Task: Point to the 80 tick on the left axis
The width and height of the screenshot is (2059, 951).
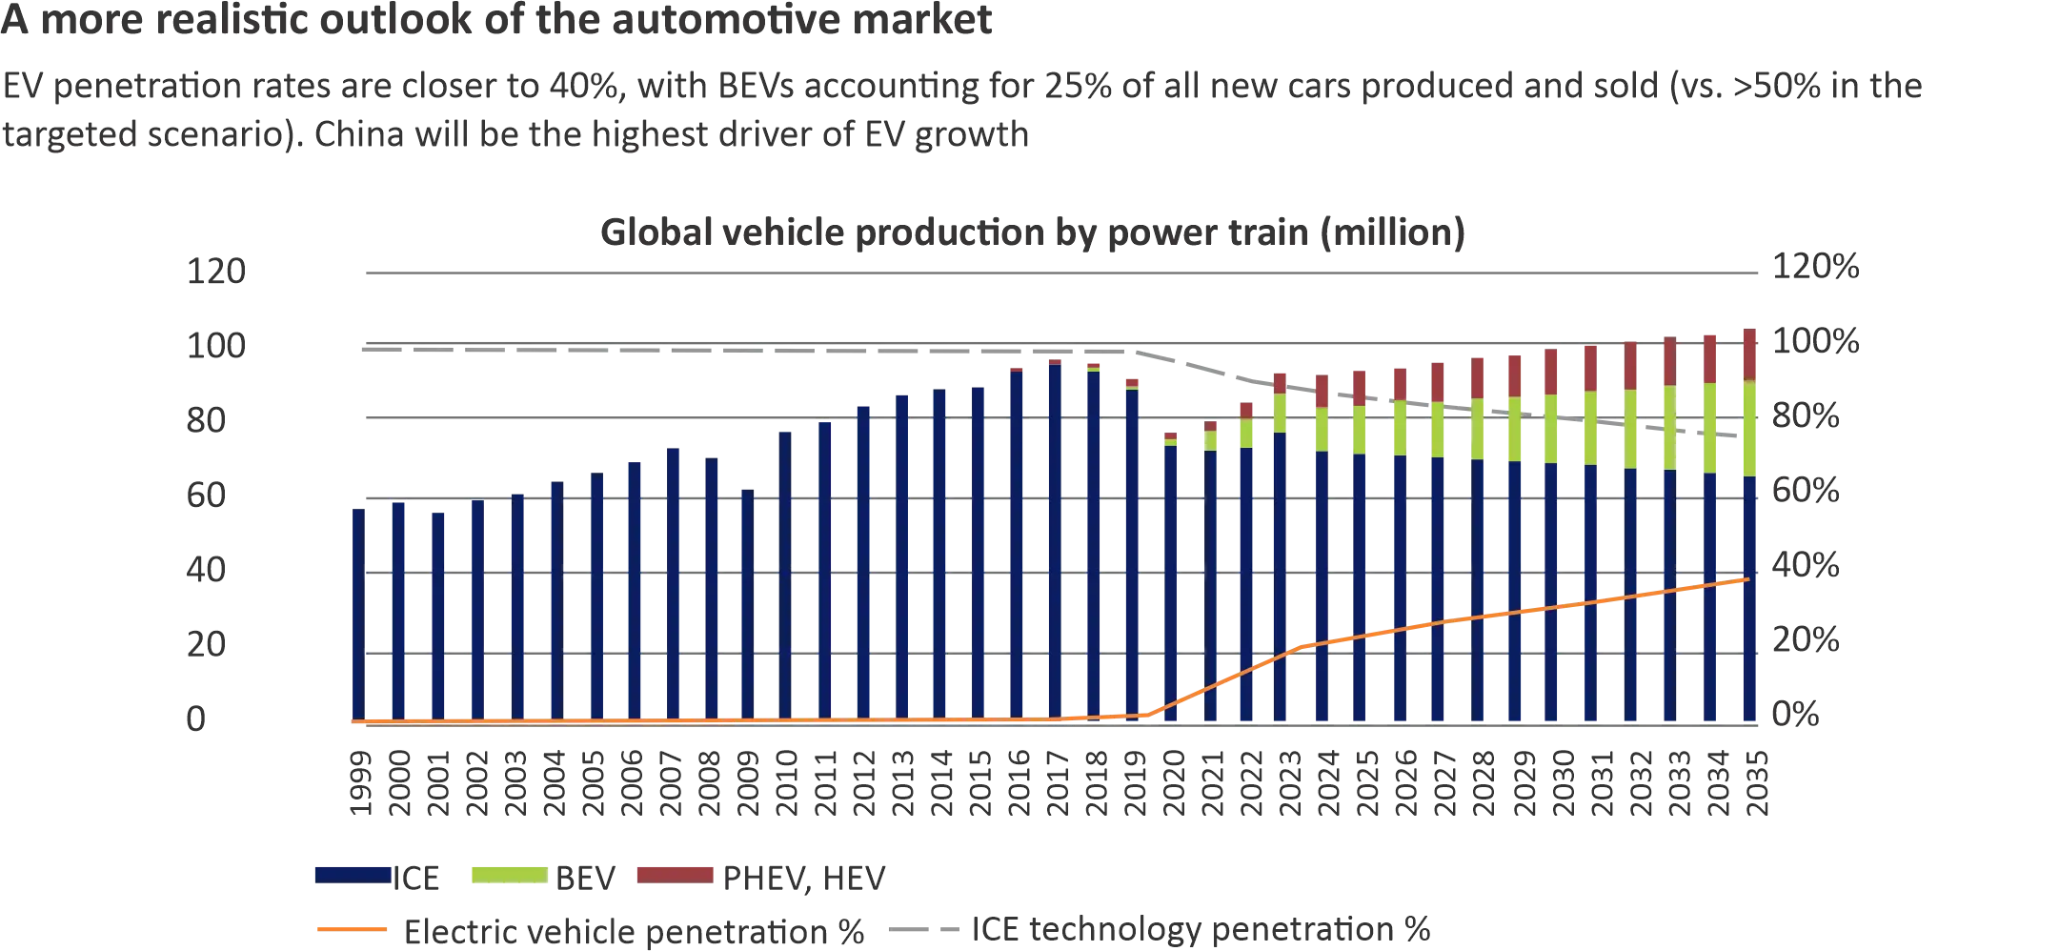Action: [206, 420]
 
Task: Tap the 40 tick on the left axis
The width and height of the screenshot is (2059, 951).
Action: [206, 570]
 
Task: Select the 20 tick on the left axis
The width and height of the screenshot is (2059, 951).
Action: [206, 645]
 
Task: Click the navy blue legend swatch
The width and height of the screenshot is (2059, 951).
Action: [352, 875]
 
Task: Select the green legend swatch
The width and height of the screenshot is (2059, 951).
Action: [507, 875]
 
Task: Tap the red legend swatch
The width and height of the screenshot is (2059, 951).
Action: [675, 875]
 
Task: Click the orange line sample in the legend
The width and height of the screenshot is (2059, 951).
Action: [351, 929]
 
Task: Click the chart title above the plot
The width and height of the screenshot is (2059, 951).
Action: [1034, 234]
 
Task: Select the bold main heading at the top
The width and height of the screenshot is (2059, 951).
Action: [499, 21]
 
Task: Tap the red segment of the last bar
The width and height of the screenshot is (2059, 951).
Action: [1749, 354]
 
